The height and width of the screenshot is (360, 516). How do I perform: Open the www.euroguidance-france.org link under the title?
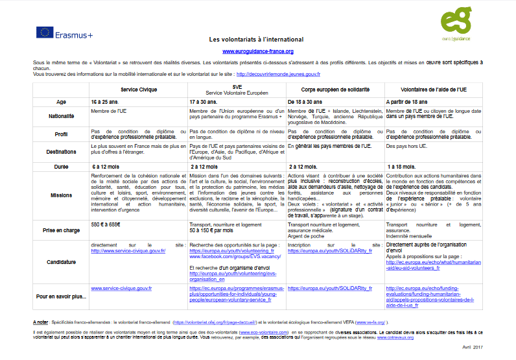click(258, 51)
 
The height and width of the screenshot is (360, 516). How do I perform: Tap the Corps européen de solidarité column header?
click(335, 89)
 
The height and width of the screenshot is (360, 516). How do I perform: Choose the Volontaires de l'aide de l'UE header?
click(433, 89)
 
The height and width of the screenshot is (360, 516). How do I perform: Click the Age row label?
click(61, 102)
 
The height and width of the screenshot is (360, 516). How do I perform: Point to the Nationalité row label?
click(61, 116)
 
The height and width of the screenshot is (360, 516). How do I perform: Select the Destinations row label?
click(61, 151)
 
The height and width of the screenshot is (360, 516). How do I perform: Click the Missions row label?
click(61, 194)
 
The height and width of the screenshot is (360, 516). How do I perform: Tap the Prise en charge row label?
click(61, 231)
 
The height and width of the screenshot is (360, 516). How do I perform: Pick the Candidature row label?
click(61, 263)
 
